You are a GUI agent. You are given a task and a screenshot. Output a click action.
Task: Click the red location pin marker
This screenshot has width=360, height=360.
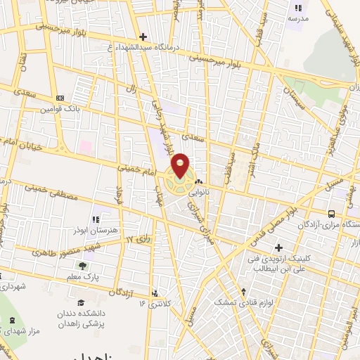(x=181, y=165)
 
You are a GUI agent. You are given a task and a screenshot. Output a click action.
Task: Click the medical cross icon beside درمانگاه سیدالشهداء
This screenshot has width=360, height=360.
(x=143, y=37)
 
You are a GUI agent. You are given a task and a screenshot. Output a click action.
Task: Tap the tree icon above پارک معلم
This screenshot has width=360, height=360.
(x=84, y=266)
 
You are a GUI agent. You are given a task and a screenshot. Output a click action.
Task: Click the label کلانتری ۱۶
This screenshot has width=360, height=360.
(x=151, y=302)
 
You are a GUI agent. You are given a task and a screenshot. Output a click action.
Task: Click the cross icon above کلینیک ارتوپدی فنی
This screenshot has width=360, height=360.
(x=280, y=248)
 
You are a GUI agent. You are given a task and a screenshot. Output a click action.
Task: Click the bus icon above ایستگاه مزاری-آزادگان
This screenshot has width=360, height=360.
(x=332, y=213)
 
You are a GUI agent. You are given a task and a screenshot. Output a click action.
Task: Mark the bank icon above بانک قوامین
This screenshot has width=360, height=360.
(x=60, y=98)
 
